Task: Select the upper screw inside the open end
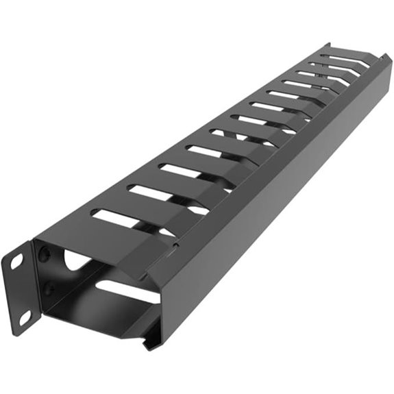pyautogui.click(x=45, y=256)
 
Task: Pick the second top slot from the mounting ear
pyautogui.click(x=147, y=194)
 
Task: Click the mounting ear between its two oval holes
pyautogui.click(x=21, y=288)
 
